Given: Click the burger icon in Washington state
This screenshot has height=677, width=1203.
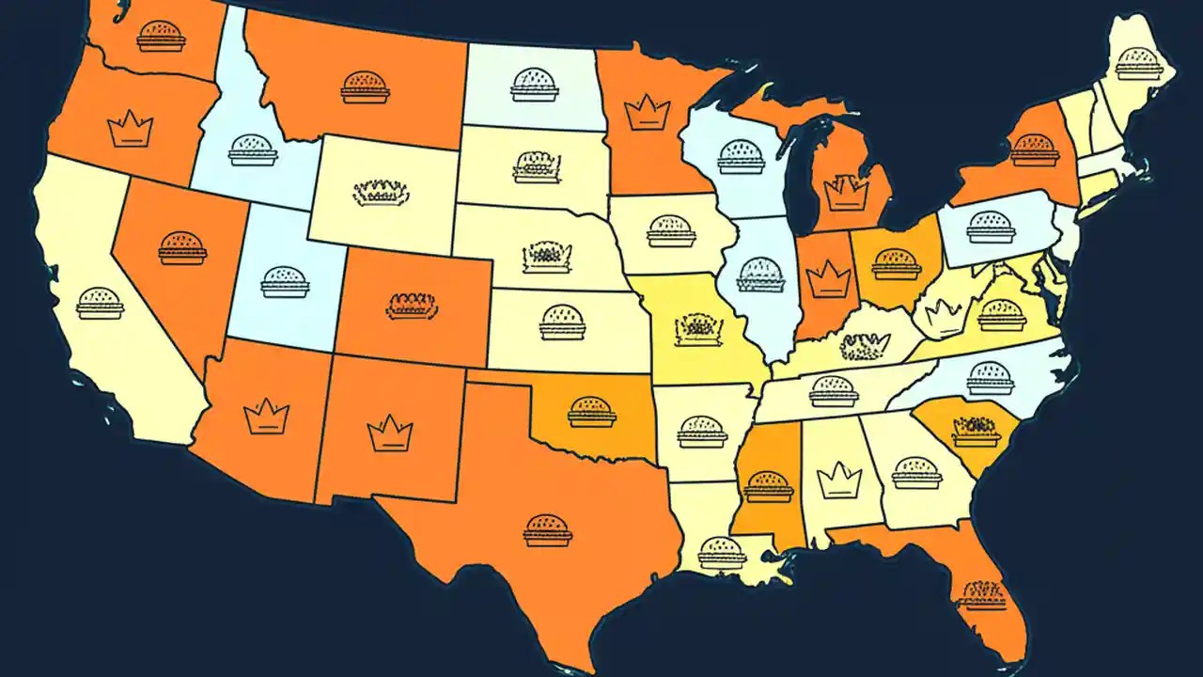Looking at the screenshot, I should tap(161, 37).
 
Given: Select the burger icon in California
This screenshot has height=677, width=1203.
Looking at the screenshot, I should tap(100, 303).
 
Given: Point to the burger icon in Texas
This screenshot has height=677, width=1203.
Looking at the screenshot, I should tap(547, 529).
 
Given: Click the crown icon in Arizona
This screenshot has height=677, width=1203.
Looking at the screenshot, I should tap(266, 416).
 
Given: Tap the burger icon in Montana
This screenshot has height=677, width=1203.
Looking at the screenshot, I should tap(365, 87).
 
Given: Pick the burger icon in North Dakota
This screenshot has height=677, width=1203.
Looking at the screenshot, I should tap(534, 85).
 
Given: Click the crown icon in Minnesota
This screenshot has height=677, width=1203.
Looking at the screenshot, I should tap(647, 113).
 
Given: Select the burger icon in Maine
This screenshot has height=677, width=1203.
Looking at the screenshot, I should tap(1138, 64).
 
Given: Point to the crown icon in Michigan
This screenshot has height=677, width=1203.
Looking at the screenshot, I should tap(845, 193).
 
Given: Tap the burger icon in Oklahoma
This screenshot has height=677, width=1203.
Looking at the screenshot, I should tap(592, 412).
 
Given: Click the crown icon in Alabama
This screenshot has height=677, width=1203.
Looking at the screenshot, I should tap(833, 480).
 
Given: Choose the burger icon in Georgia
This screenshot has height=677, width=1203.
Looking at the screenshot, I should tap(916, 472).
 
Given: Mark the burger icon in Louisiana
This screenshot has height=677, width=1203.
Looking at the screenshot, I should tap(722, 552).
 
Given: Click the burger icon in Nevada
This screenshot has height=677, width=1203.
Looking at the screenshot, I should tap(182, 248).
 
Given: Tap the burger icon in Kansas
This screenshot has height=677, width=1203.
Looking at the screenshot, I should tap(562, 322).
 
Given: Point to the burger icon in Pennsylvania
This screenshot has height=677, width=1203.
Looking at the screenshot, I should tap(991, 227).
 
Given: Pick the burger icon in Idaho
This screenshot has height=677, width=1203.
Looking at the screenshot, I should tap(253, 150).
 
